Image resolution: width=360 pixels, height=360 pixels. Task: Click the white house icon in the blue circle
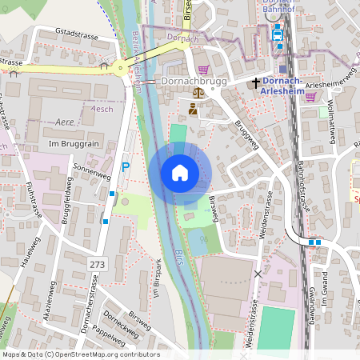[x=180, y=173]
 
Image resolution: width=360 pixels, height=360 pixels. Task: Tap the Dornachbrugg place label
[x=195, y=82]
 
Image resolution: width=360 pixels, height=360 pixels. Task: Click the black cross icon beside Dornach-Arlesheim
[x=256, y=82]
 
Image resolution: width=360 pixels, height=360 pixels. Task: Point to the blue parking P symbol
[x=126, y=166]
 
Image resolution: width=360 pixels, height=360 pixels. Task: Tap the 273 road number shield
[x=98, y=263]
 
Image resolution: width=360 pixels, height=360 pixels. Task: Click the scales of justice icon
[x=194, y=106]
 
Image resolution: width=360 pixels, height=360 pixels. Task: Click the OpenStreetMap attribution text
[x=80, y=354]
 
